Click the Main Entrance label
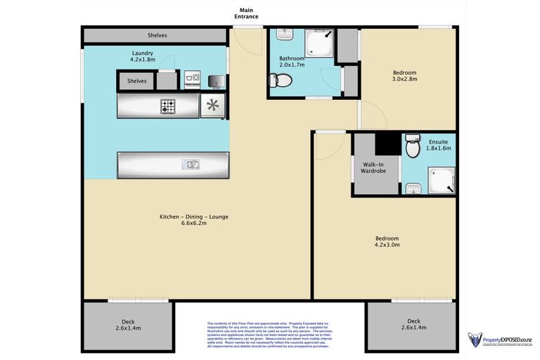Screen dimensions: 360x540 [247, 13]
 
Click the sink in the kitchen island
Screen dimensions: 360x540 [191, 165]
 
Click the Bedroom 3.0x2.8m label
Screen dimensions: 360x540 [404, 76]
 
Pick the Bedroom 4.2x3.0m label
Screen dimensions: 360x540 [386, 241]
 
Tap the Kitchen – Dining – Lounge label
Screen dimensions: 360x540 [194, 219]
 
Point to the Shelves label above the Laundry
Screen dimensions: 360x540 [157, 34]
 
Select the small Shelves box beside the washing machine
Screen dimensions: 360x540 [137, 81]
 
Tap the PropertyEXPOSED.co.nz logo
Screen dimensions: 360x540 [500, 340]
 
